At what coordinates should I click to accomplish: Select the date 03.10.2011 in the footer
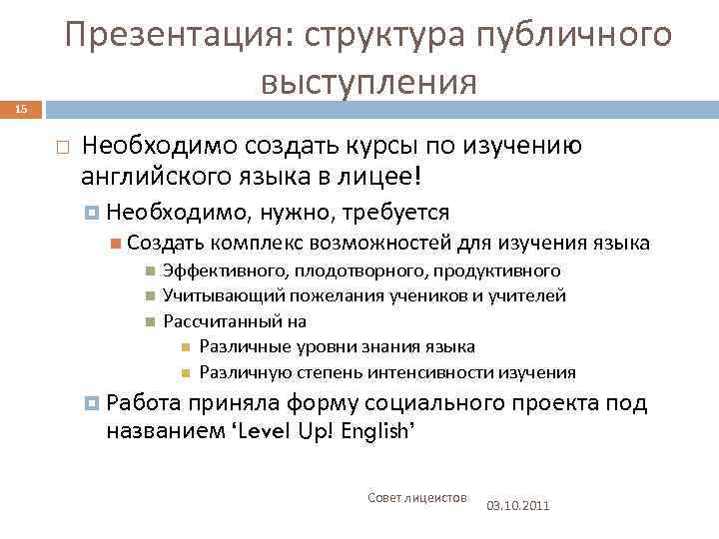517,506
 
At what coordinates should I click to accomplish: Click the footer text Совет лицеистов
416,497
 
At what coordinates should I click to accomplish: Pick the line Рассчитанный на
234,321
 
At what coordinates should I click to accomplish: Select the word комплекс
259,243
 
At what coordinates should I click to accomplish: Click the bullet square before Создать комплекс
117,243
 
